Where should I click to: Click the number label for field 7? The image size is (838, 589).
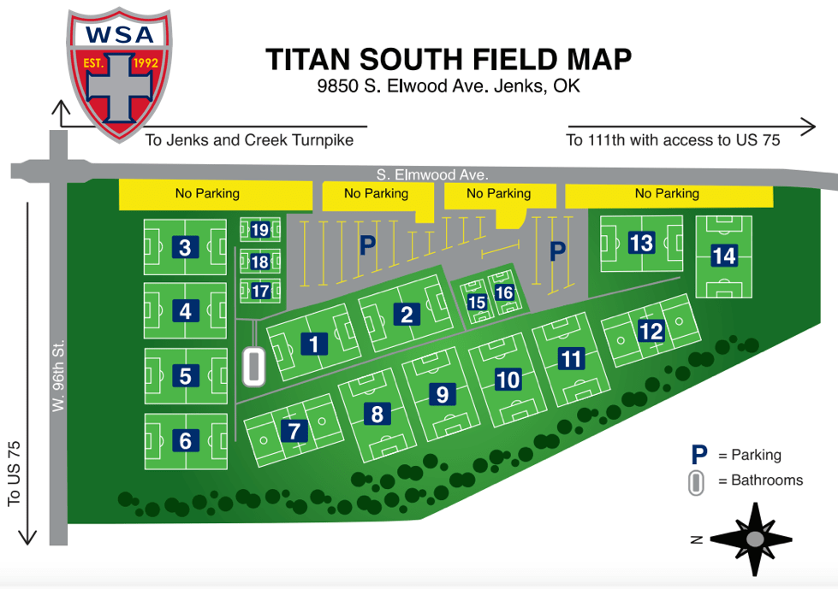[x=294, y=431]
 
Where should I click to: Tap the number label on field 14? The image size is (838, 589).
[x=723, y=256]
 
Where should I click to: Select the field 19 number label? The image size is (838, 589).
[x=260, y=230]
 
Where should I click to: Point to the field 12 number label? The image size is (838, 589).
[x=651, y=330]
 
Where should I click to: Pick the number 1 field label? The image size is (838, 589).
[x=315, y=344]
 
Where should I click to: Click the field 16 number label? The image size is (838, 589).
[x=504, y=293]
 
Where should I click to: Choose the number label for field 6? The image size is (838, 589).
[x=186, y=441]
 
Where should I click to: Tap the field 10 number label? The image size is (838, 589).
[x=508, y=379]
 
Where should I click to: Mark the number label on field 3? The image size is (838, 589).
[x=185, y=248]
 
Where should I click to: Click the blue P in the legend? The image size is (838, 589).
[x=699, y=455]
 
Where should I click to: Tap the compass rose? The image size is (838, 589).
[x=754, y=538]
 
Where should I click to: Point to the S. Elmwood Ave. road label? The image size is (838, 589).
[x=431, y=174]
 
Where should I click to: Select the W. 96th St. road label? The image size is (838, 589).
[x=59, y=376]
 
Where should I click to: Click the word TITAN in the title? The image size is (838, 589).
[x=309, y=60]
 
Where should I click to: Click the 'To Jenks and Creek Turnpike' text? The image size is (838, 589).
[x=249, y=140]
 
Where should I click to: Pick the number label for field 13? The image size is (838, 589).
[x=641, y=243]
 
